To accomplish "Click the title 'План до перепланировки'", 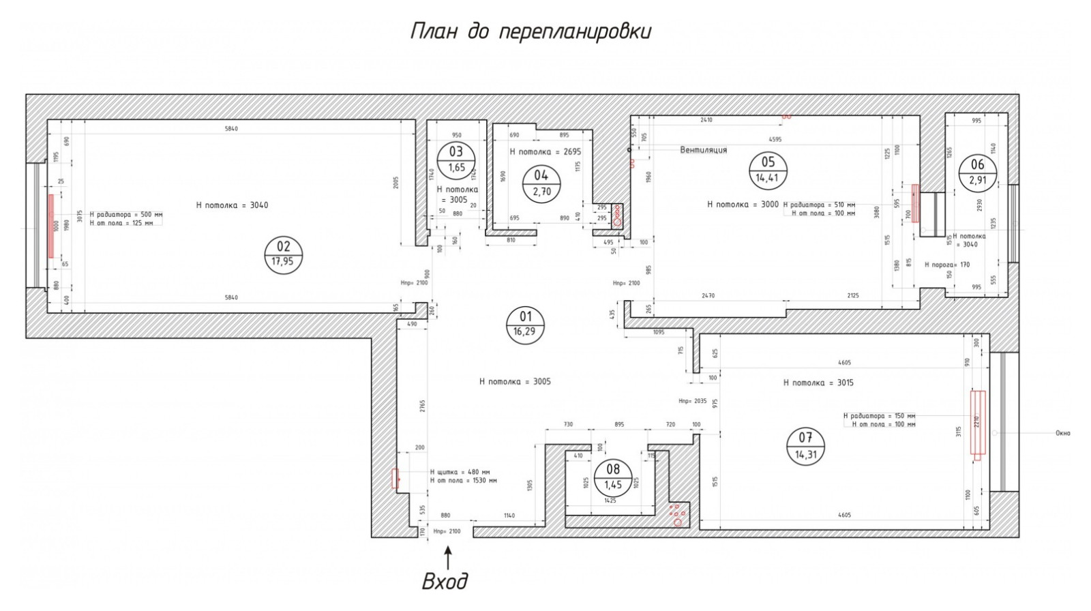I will tap(530, 32).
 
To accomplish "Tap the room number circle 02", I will tap(283, 254).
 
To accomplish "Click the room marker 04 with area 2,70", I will tap(541, 183).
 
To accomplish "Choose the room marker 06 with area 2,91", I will tap(977, 172).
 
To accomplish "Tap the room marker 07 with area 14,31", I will tap(805, 446).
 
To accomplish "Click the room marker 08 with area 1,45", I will tap(613, 477).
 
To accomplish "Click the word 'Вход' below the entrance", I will tap(445, 582).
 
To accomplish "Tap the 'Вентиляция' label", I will tap(704, 150).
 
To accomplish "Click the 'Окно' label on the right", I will tap(1062, 433).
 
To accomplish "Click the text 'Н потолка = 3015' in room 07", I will tap(818, 383).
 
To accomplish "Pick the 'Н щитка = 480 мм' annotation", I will tap(460, 472).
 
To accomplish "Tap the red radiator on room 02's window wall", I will tap(51, 225).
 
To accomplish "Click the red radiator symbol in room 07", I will tap(978, 425).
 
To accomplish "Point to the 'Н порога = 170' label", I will tap(946, 265).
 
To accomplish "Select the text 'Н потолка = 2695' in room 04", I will tap(545, 151).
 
